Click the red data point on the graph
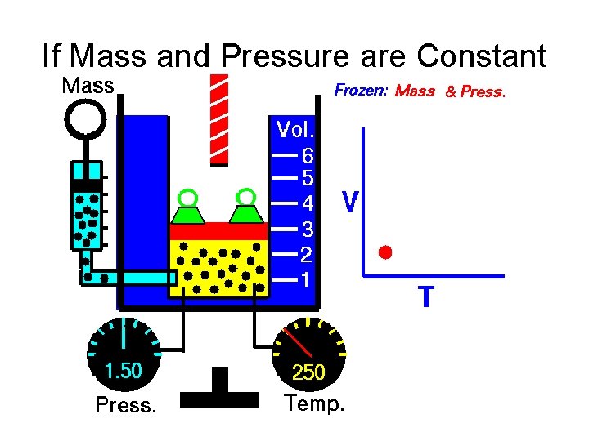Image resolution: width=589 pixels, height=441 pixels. click(x=386, y=252)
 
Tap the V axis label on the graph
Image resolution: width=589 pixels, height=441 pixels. click(x=350, y=202)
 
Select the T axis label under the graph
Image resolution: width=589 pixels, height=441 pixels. click(x=425, y=297)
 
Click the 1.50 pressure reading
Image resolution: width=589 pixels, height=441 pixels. click(x=124, y=372)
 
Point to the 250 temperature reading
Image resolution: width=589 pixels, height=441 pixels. click(x=309, y=372)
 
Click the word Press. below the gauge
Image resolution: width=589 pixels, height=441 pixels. click(x=125, y=404)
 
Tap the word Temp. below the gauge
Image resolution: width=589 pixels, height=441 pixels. click(x=314, y=403)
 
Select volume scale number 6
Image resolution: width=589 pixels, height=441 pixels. click(x=307, y=154)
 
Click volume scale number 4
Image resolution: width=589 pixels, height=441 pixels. click(x=307, y=202)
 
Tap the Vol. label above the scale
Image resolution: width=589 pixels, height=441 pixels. click(x=295, y=130)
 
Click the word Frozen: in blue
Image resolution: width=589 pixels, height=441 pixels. click(x=361, y=91)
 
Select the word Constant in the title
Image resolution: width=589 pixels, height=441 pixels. click(x=481, y=57)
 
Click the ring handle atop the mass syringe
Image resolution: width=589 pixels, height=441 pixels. click(x=84, y=119)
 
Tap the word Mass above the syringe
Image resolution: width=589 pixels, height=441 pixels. click(x=88, y=85)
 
